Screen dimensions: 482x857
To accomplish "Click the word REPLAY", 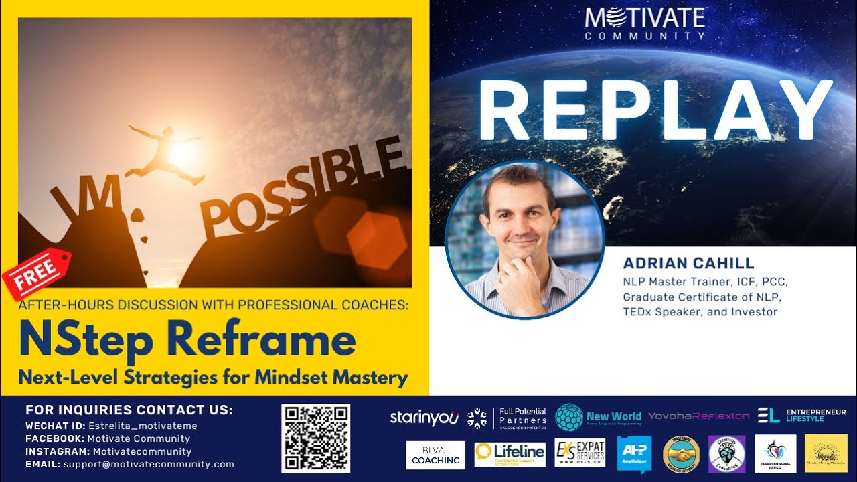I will coord(655,112).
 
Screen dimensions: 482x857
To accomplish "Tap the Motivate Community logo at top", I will coord(644,23).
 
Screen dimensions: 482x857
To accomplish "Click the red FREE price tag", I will coord(36,275).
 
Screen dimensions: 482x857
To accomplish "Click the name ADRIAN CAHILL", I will coord(688,263).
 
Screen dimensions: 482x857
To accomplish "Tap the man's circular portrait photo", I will coord(525,238).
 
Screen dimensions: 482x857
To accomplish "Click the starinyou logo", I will coord(424,417).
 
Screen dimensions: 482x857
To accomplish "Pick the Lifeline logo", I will coord(510,454).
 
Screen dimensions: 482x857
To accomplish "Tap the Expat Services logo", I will coord(580,453).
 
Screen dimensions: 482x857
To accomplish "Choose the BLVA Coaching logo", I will coord(435,455).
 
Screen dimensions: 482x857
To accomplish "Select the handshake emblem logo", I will coord(681,454).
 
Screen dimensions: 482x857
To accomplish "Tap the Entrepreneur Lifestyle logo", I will coord(801,416).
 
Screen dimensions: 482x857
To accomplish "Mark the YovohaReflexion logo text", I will coord(698,416).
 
